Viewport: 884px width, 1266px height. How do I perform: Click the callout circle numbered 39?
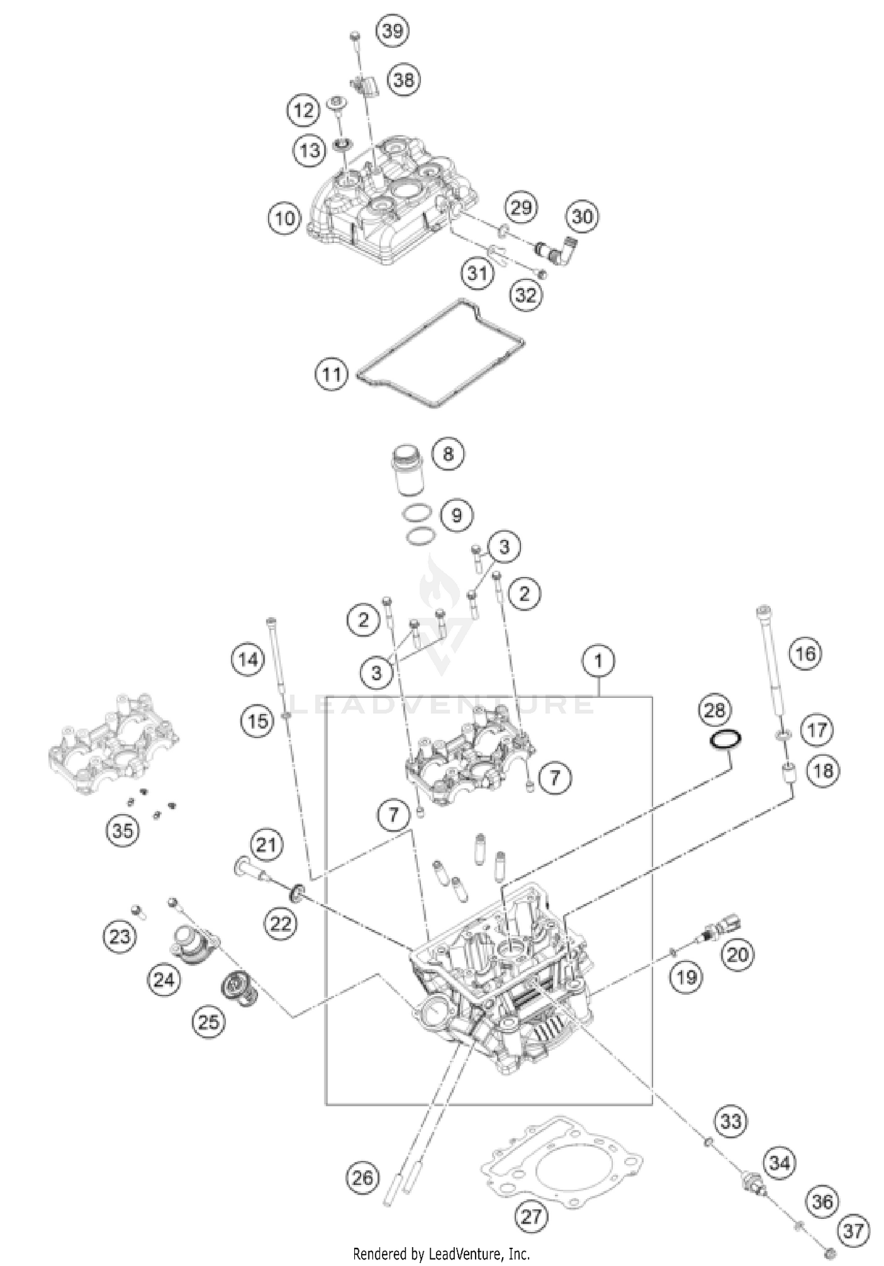[x=392, y=31]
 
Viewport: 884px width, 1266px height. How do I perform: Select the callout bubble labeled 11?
[x=331, y=374]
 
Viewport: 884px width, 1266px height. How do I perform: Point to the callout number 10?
[x=285, y=219]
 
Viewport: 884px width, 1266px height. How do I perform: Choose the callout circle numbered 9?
[x=457, y=516]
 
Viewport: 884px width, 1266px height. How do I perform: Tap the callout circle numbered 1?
[x=599, y=661]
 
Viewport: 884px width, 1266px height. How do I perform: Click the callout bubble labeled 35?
[x=122, y=831]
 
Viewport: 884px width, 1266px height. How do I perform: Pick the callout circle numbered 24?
[x=163, y=980]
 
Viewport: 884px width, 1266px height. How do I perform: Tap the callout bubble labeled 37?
[x=853, y=1231]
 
